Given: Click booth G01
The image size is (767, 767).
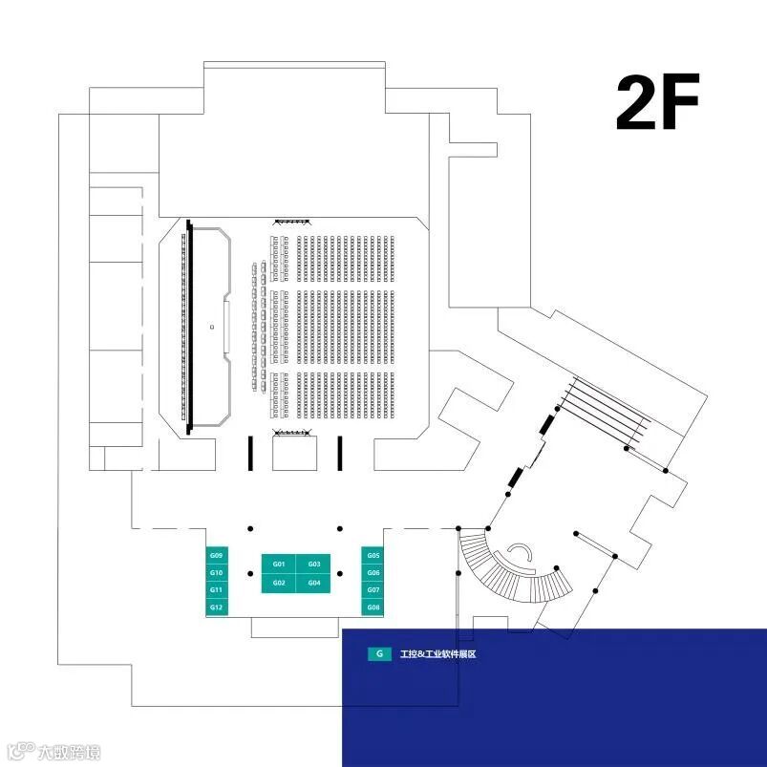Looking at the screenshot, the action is point(279,564).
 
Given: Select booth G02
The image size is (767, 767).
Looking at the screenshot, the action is point(279,583).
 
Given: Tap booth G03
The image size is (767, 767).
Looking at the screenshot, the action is point(313,564).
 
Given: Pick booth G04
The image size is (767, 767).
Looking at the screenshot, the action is point(313,583).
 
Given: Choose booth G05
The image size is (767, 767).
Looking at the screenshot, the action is point(373,555).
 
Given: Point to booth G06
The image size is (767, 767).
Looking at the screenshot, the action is point(373,573).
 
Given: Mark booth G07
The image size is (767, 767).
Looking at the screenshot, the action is point(373,590).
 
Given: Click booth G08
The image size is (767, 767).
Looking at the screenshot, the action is point(373,607).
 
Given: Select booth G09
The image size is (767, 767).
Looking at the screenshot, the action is point(217,555).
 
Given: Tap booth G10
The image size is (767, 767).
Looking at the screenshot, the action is point(217,573).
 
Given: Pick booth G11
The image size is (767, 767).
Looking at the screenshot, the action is point(217,590).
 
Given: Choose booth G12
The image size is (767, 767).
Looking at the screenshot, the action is point(217,607).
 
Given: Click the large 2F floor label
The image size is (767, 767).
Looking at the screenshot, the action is point(657,102).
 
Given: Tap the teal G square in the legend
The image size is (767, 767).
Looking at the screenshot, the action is point(379,654).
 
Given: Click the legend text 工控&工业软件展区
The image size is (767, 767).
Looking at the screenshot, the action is point(438,654).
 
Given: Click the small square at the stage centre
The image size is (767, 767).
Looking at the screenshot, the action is point(211,327).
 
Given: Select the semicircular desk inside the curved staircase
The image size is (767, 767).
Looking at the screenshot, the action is point(522,555).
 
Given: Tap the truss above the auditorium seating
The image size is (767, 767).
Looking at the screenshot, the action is point(293,222).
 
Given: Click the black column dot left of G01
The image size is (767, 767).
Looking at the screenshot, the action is point(250,574).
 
